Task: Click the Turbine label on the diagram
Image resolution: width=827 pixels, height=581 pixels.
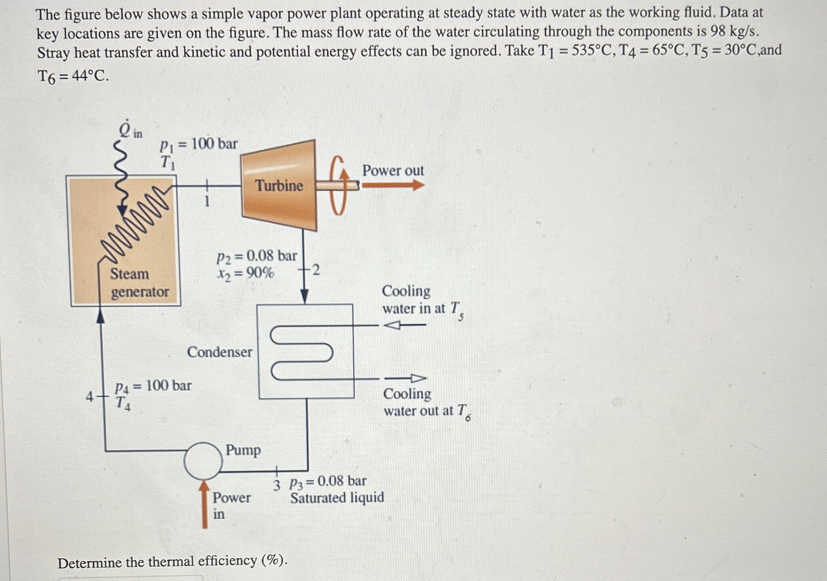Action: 279,186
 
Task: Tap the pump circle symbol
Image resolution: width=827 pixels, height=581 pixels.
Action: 203,461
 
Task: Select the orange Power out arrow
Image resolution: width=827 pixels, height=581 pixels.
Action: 393,185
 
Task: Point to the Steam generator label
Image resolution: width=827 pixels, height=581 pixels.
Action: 139,283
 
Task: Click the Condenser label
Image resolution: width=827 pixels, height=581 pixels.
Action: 219,352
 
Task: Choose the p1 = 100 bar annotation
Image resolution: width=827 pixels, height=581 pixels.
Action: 199,144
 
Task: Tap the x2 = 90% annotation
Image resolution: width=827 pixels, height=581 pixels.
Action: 246,273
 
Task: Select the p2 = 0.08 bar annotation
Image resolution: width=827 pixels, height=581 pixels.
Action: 256,256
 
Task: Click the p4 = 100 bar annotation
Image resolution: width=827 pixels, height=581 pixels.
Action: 153,386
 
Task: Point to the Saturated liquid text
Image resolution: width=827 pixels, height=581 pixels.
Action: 337,498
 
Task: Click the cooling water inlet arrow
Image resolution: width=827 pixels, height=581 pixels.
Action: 404,325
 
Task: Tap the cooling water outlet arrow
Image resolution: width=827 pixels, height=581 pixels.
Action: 405,378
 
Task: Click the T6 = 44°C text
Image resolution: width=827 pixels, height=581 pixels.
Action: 73,76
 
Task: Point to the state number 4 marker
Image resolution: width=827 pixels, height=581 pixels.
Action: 89,397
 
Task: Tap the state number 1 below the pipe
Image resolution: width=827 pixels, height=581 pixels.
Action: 207,201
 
